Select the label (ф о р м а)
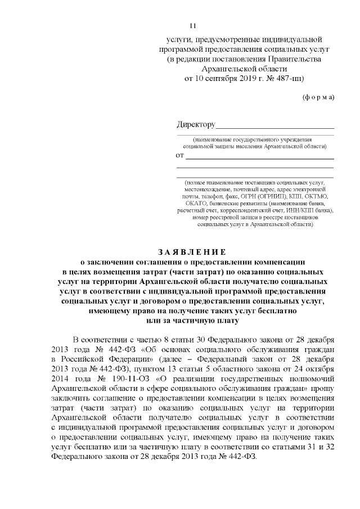click(318, 97)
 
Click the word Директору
click(196, 124)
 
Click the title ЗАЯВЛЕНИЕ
click(192, 251)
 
